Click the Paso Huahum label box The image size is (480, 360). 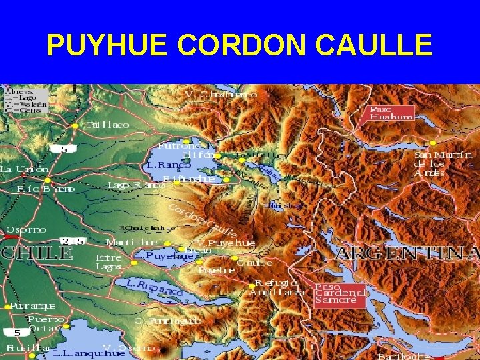point(391,113)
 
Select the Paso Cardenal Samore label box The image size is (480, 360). point(340,293)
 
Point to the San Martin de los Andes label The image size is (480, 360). point(443,163)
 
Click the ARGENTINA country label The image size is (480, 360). point(407,253)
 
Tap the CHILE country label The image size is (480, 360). point(37,253)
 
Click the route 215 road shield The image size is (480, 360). point(71,241)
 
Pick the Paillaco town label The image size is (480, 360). point(107,125)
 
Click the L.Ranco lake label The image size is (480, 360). point(165,164)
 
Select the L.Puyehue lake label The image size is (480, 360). point(160,255)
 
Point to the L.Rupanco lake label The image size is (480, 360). point(155,288)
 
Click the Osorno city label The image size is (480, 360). point(27,229)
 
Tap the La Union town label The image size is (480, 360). point(24,169)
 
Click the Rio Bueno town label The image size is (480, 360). point(47,189)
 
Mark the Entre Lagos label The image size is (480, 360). point(109,261)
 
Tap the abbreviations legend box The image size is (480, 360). point(25,99)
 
